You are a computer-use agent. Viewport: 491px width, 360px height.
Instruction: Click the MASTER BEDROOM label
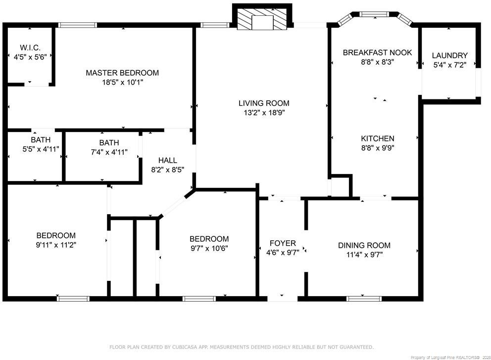click(122, 73)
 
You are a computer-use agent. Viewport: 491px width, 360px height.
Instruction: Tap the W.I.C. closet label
click(30, 48)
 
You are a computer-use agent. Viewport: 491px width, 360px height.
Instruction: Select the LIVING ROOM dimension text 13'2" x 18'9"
click(264, 113)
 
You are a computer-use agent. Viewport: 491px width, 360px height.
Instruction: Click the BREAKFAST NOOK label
click(377, 52)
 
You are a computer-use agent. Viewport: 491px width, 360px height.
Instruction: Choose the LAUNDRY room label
click(449, 55)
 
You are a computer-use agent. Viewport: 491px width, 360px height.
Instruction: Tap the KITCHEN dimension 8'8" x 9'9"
click(378, 148)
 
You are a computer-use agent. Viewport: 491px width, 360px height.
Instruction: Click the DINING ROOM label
click(364, 245)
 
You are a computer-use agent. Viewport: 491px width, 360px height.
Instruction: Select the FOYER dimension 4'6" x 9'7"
click(283, 252)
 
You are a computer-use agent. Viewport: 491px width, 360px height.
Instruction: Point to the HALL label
click(167, 160)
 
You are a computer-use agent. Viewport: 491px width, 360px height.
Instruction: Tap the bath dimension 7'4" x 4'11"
click(109, 152)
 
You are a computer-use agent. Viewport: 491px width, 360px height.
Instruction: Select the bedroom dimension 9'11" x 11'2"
click(56, 245)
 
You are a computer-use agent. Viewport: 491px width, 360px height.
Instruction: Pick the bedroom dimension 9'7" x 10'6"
click(209, 248)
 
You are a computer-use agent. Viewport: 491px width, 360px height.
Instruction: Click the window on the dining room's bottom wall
click(364, 299)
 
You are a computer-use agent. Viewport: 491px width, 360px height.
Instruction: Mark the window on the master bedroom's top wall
click(77, 25)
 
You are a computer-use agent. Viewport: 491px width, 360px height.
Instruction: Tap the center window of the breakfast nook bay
click(374, 14)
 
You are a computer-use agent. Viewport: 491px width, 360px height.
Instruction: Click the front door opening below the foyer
click(283, 299)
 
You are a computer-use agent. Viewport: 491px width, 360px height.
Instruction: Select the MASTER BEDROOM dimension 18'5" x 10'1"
click(122, 82)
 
